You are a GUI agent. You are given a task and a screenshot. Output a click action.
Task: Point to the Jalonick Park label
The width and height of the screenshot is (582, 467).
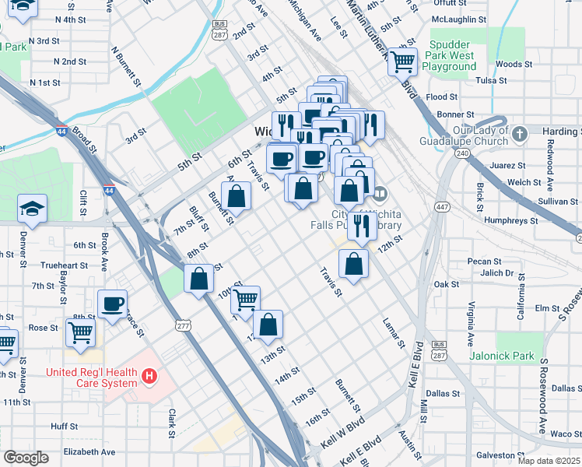[502, 356]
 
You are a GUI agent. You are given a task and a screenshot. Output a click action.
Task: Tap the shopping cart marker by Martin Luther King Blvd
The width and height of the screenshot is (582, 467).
[403, 61]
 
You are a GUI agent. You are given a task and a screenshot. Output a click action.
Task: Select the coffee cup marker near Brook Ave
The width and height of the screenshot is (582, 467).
[112, 304]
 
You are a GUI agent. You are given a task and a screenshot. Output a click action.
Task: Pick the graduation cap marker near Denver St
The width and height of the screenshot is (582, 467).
[32, 209]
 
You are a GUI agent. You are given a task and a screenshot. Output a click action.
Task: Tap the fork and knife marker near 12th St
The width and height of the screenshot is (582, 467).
[361, 226]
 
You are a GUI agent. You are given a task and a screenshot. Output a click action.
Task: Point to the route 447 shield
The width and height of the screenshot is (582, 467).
[442, 206]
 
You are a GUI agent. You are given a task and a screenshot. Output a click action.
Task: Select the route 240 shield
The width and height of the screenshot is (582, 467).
[462, 153]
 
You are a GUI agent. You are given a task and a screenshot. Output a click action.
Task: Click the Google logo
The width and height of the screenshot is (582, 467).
[26, 457]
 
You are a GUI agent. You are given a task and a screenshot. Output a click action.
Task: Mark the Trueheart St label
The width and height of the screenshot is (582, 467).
[60, 265]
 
